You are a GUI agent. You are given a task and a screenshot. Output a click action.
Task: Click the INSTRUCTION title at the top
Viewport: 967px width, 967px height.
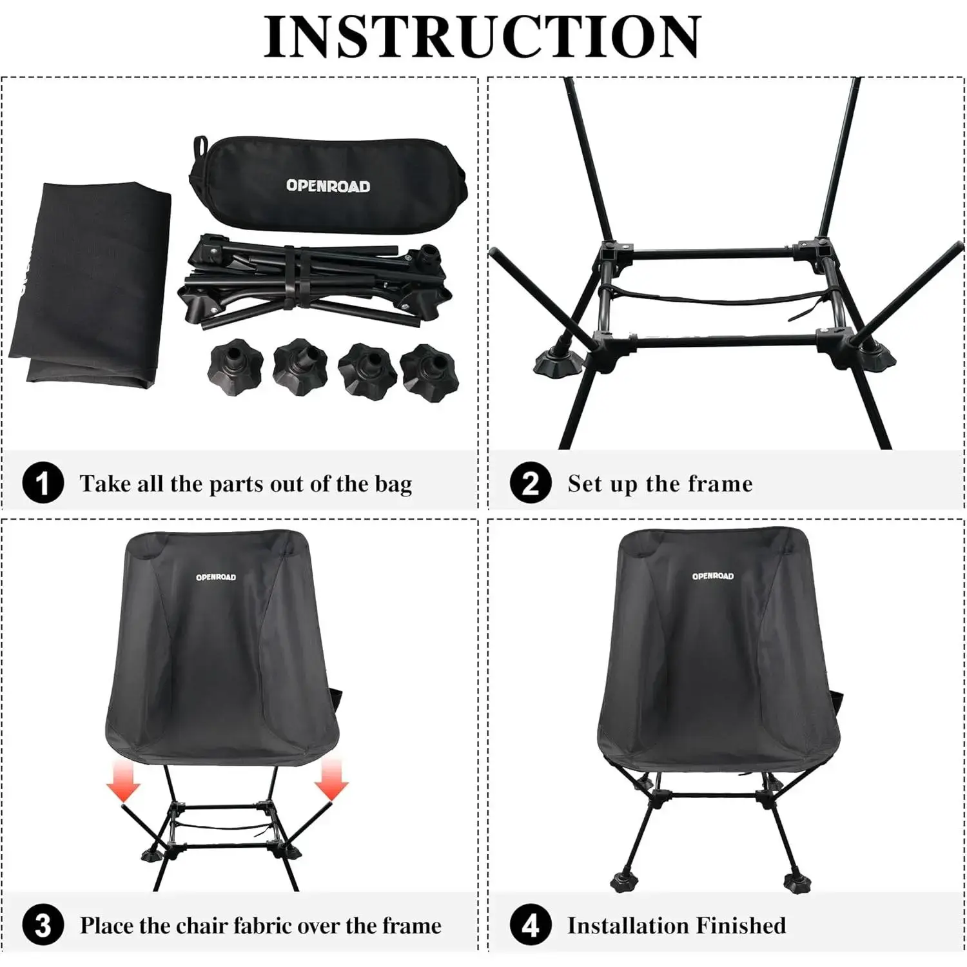coord(482,37)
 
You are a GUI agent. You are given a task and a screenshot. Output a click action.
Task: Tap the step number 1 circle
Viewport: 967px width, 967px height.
coord(43,483)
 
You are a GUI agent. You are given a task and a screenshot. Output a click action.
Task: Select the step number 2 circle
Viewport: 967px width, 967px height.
coord(531,483)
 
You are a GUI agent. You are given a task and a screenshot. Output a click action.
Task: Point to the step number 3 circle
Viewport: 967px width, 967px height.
coord(43,926)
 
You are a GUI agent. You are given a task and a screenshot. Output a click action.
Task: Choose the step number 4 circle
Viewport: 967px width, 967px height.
coord(531,926)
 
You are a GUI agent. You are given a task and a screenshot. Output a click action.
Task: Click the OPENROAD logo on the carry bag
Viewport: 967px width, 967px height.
coord(328,186)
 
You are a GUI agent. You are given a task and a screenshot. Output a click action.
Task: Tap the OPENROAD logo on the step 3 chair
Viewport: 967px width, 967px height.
coord(216,577)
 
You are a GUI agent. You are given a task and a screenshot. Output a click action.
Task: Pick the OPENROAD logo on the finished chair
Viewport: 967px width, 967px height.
coord(713,576)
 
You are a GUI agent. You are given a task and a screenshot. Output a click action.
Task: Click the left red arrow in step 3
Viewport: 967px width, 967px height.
coord(123,779)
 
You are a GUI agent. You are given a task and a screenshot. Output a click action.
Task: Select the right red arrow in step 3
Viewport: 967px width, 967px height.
coord(331,779)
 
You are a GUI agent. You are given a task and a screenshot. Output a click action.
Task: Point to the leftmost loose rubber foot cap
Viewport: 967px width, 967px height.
coord(235,367)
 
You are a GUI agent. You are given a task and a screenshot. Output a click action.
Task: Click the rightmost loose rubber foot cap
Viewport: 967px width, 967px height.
coord(430,373)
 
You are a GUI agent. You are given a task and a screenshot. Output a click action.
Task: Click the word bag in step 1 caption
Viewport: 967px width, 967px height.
coord(393,485)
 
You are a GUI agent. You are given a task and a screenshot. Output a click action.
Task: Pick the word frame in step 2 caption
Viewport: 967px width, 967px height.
coord(721,484)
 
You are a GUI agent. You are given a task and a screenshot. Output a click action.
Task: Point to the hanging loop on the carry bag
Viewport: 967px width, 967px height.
coord(200,146)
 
